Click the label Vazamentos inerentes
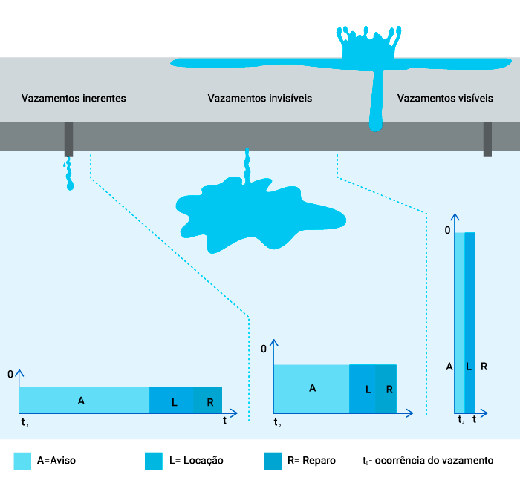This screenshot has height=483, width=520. pyautogui.click(x=74, y=98)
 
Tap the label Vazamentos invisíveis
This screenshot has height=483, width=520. pyautogui.click(x=259, y=98)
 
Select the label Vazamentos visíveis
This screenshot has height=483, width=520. pyautogui.click(x=445, y=98)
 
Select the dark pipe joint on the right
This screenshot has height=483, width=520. pyautogui.click(x=487, y=139)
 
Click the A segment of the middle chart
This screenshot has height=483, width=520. pyautogui.click(x=311, y=388)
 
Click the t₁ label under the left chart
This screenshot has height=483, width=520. pyautogui.click(x=25, y=422)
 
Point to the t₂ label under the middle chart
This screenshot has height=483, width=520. pyautogui.click(x=276, y=423)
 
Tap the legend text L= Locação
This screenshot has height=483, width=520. pyautogui.click(x=196, y=461)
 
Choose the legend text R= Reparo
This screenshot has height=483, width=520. pyautogui.click(x=311, y=461)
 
